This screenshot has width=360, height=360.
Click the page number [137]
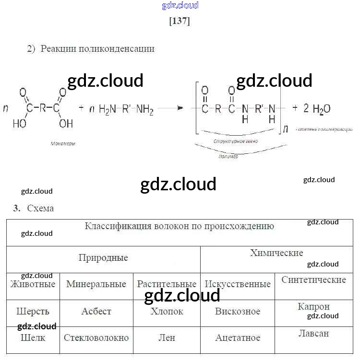pyautogui.click(x=180, y=21)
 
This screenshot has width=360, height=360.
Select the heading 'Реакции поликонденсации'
pyautogui.click(x=97, y=48)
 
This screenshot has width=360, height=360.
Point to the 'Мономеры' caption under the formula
pyautogui.click(x=63, y=143)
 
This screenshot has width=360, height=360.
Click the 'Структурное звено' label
pyautogui.click(x=236, y=142)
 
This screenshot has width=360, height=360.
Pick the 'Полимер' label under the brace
pyautogui.click(x=228, y=156)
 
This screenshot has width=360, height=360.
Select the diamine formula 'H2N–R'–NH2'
pyautogui.click(x=126, y=109)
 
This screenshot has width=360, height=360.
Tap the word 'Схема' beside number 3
pyautogui.click(x=40, y=209)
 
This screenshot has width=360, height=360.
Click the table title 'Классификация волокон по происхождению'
pyautogui.click(x=179, y=226)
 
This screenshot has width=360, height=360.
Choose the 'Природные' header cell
pyautogui.click(x=103, y=258)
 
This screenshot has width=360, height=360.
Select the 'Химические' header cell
pyautogui.click(x=276, y=253)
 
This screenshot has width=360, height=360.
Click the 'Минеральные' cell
pyautogui.click(x=96, y=284)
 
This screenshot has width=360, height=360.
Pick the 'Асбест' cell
pyautogui.click(x=96, y=311)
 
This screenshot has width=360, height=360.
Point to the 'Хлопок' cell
pyautogui.click(x=167, y=311)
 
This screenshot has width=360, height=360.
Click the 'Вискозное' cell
pyautogui.click(x=238, y=311)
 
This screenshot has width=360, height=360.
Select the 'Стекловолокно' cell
pyautogui.click(x=96, y=337)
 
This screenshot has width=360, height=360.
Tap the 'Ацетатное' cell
pyautogui.click(x=238, y=337)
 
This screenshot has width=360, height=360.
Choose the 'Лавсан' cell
pyautogui.click(x=313, y=333)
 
